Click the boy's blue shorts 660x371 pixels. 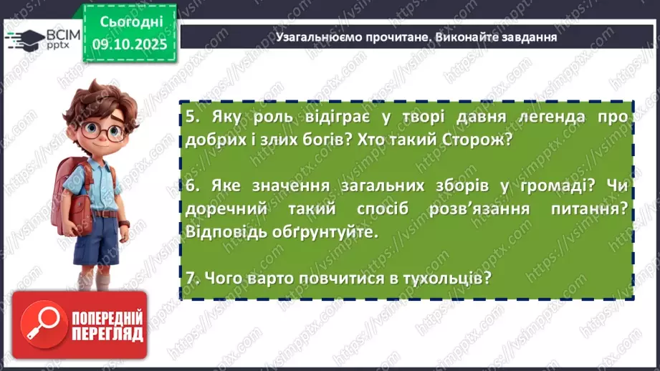click(97, 241)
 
